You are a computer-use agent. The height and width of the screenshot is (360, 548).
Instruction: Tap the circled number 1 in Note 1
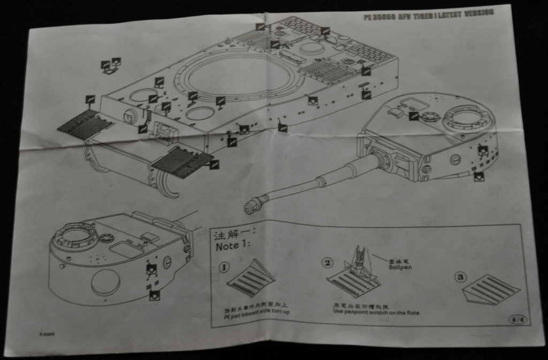pyautogui.click(x=224, y=266)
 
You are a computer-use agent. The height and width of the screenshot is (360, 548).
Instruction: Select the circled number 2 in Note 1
pyautogui.click(x=328, y=262)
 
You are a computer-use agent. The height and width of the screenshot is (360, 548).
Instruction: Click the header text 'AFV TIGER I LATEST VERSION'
pyautogui.click(x=428, y=15)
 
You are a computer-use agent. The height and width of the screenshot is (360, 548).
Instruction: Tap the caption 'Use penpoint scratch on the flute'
pyautogui.click(x=376, y=311)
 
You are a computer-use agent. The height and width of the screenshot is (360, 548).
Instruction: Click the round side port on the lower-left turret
pyautogui.click(x=105, y=281)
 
